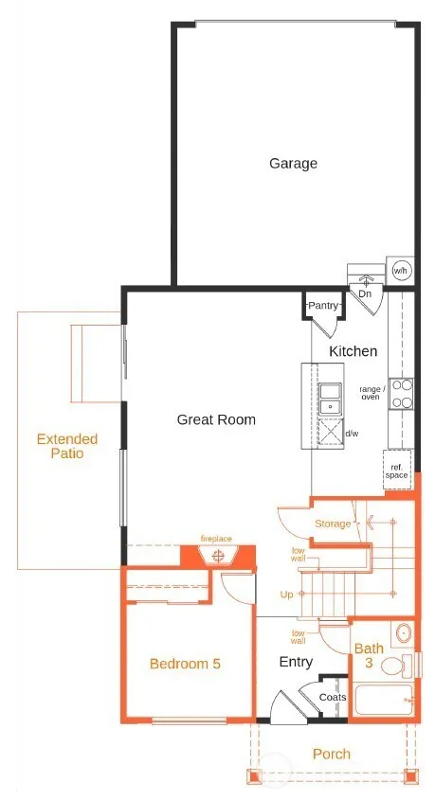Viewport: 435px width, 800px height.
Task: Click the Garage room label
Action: click(x=293, y=164)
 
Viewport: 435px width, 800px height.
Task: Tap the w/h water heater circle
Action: click(x=400, y=271)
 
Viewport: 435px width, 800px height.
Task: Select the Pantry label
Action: click(x=322, y=306)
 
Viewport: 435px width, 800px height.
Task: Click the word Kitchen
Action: click(x=353, y=351)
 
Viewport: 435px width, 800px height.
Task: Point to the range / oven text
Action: click(x=370, y=393)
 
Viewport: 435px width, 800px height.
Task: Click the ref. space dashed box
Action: click(x=397, y=471)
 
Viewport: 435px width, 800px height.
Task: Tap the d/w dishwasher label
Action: click(x=352, y=434)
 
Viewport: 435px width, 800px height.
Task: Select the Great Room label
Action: click(x=216, y=420)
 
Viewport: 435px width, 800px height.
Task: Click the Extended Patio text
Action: click(x=67, y=446)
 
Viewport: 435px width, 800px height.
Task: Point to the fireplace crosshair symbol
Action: click(x=219, y=556)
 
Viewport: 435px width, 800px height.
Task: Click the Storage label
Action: click(x=333, y=524)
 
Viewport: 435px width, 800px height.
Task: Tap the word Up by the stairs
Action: click(x=286, y=595)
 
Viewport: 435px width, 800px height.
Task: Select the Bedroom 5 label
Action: click(x=185, y=664)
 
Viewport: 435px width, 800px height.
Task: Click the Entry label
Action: click(x=296, y=662)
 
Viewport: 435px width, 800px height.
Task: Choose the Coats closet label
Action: click(x=333, y=697)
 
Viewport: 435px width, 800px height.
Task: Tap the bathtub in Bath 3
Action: click(x=384, y=700)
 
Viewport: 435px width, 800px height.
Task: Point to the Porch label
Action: click(x=332, y=754)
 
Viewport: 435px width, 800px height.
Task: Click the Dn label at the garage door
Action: click(x=365, y=294)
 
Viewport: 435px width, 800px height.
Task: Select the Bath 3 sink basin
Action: click(x=404, y=634)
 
